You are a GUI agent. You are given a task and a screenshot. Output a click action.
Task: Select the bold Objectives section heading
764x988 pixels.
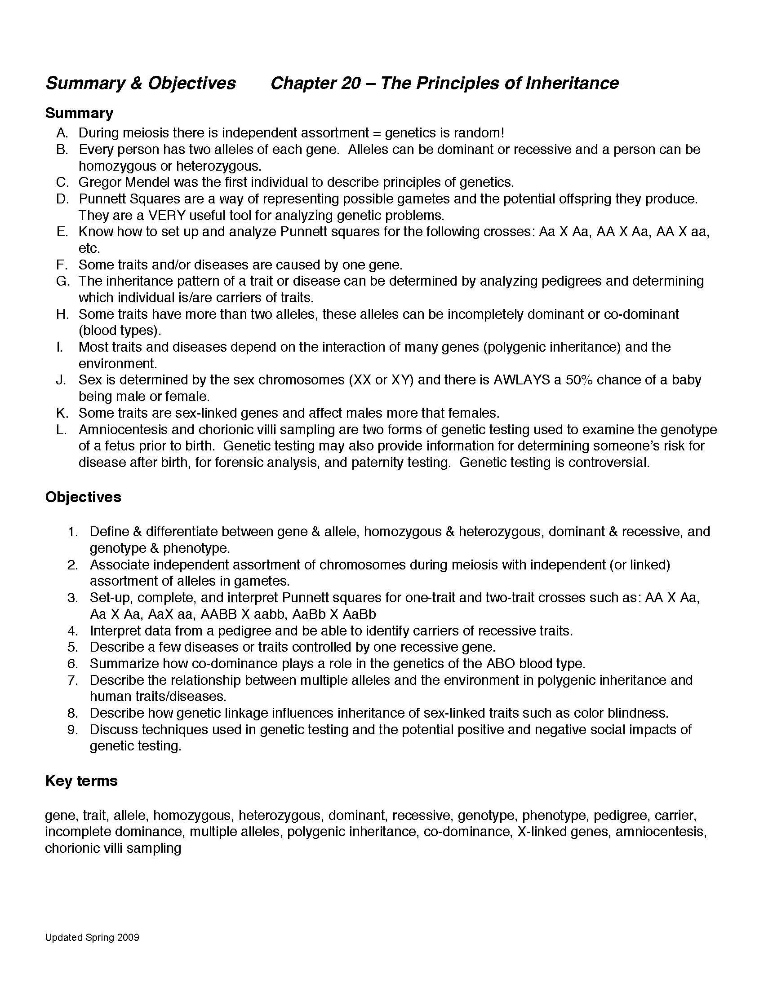tap(83, 497)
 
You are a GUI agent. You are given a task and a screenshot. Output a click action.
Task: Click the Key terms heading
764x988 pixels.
tap(81, 781)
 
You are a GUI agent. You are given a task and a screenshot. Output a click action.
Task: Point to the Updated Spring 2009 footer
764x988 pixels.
tap(92, 938)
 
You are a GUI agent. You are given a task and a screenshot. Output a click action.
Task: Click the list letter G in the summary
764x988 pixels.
tap(62, 282)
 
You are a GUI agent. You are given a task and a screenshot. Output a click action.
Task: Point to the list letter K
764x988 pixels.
tap(62, 413)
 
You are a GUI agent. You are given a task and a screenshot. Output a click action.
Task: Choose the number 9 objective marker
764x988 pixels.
tap(73, 730)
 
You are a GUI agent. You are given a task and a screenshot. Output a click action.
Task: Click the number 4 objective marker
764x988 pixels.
tap(73, 631)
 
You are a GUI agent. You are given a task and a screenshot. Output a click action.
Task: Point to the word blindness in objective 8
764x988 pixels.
tap(637, 714)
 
